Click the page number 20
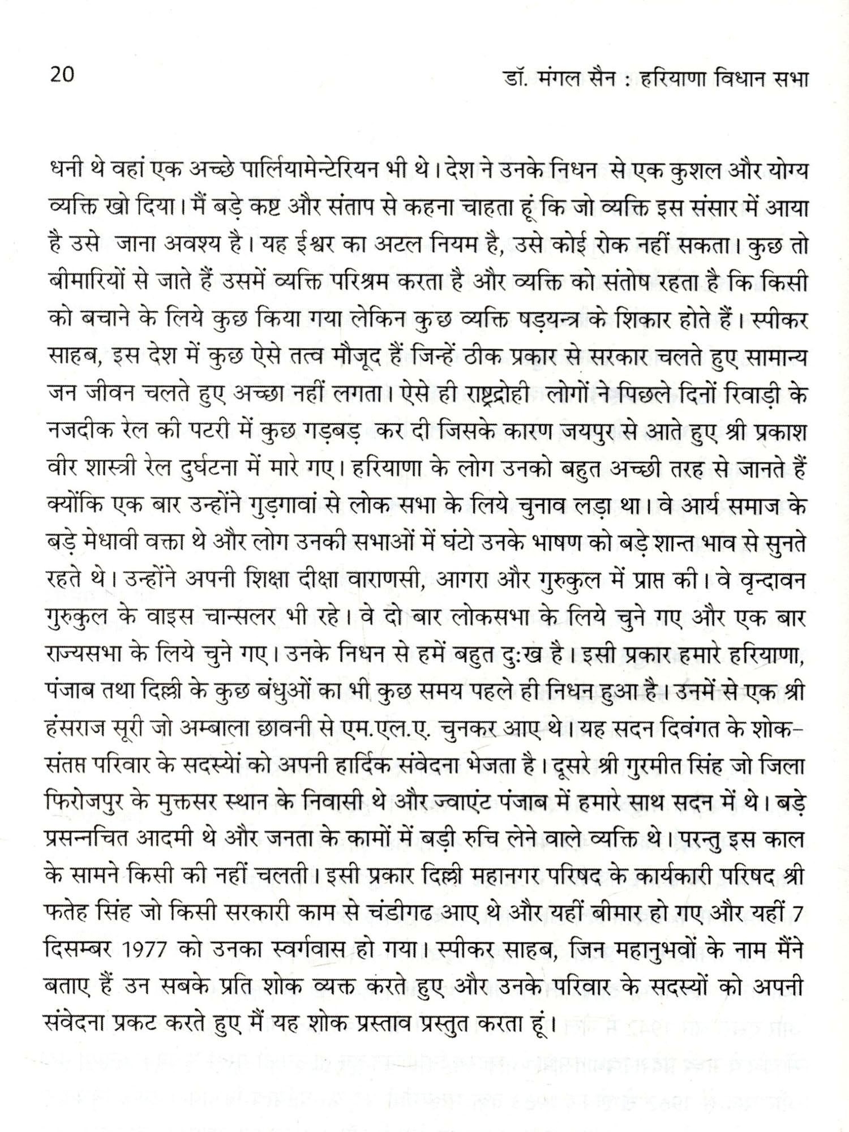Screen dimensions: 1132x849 point(62,75)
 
